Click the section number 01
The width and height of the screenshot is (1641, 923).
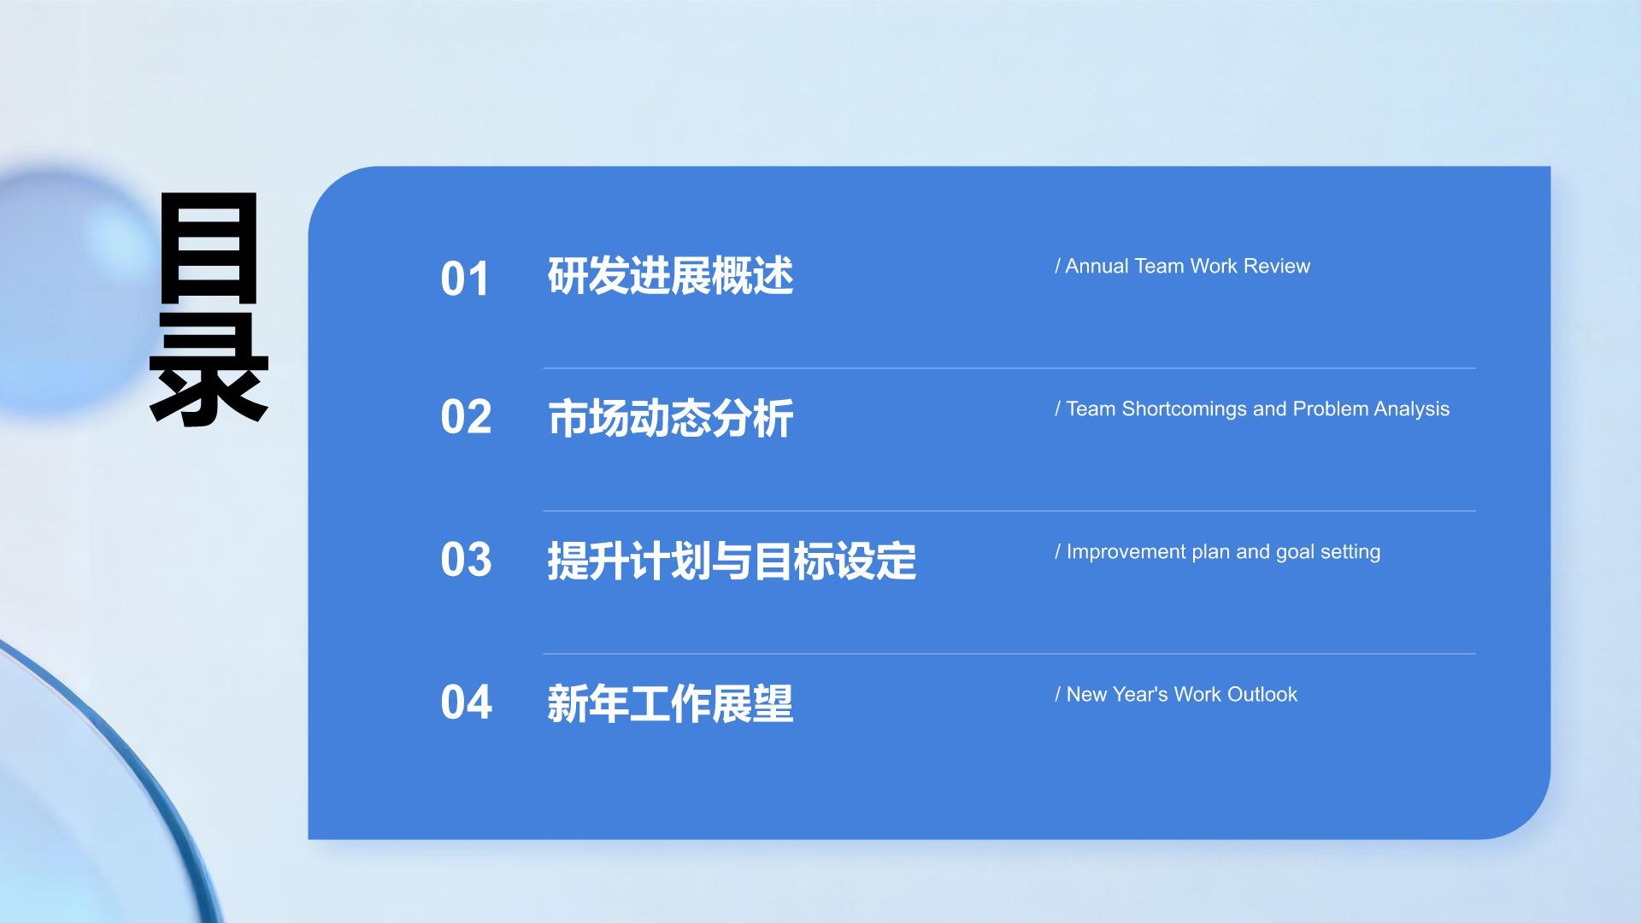(465, 279)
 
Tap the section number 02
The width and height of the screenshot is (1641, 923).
(466, 417)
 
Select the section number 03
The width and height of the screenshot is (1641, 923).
(466, 560)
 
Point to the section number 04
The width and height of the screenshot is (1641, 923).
(466, 703)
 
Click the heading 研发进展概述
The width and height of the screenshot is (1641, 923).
(671, 276)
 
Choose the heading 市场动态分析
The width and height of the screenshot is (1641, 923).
(671, 419)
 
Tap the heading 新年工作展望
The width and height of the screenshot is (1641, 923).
(671, 704)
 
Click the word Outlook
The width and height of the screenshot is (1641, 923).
(1262, 695)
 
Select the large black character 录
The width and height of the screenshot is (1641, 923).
(209, 370)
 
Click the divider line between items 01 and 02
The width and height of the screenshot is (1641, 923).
(1009, 368)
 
